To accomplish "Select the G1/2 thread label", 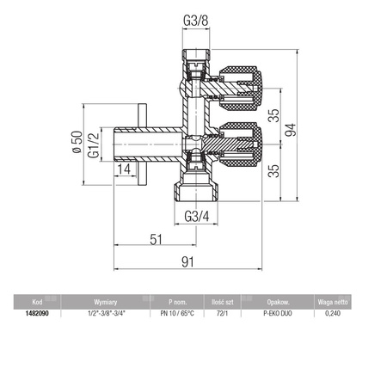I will coord(97,145).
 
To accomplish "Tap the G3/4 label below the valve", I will coord(197,217).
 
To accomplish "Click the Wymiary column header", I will coord(107,303).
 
